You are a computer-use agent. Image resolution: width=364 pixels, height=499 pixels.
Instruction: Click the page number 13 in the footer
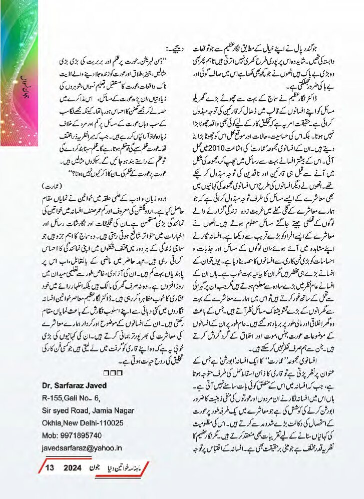click(49, 468)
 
